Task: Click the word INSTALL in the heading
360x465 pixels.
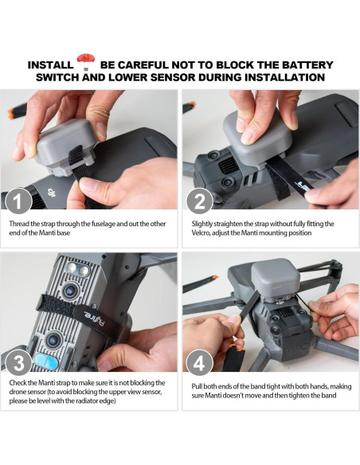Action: point(50,64)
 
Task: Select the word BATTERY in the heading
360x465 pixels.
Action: point(306,64)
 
